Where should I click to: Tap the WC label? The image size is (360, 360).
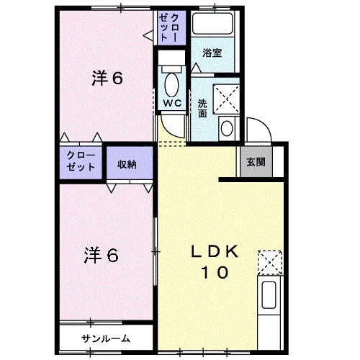171,103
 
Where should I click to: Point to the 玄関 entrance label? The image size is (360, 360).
254,162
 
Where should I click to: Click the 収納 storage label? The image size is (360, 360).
127,164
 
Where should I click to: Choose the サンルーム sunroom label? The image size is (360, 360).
106,338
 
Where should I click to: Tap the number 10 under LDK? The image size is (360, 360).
215,273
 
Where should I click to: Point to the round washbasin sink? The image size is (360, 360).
226,129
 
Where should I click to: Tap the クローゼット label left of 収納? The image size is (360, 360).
81,161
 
